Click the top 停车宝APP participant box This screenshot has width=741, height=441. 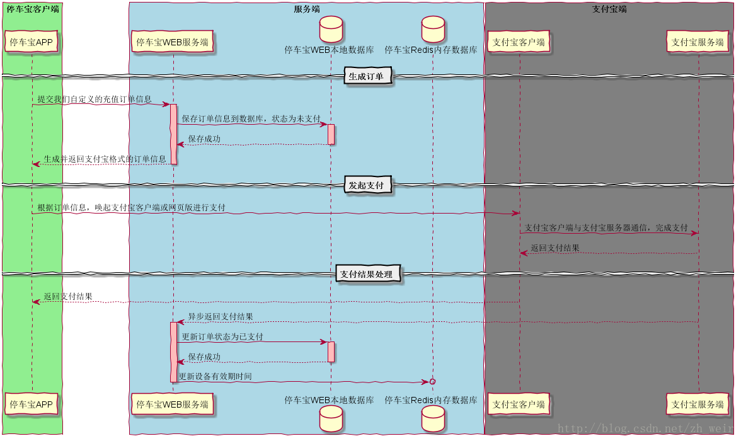pyautogui.click(x=32, y=42)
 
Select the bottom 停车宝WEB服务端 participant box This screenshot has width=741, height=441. pyautogui.click(x=173, y=404)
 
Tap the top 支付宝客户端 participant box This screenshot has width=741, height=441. pyautogui.click(x=519, y=42)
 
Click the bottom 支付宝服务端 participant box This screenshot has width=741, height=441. pyautogui.click(x=698, y=404)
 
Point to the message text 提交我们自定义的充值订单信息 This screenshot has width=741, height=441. pyautogui.click(x=95, y=100)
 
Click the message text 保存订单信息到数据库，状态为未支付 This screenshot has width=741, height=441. pyautogui.click(x=251, y=119)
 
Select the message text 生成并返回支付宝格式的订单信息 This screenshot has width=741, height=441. pyautogui.click(x=105, y=159)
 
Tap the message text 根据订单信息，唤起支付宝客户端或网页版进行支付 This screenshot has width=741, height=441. pyautogui.click(x=131, y=208)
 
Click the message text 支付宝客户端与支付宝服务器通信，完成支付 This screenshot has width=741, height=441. pyautogui.click(x=606, y=227)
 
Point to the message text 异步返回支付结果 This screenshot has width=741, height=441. pyautogui.click(x=221, y=317)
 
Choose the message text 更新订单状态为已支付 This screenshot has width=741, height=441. pyautogui.click(x=222, y=337)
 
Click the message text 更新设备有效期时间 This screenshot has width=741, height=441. pyautogui.click(x=215, y=377)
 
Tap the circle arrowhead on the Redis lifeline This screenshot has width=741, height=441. pyautogui.click(x=432, y=382)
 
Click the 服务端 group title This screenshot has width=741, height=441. pyautogui.click(x=306, y=9)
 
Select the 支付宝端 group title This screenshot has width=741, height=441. pyautogui.click(x=609, y=9)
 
